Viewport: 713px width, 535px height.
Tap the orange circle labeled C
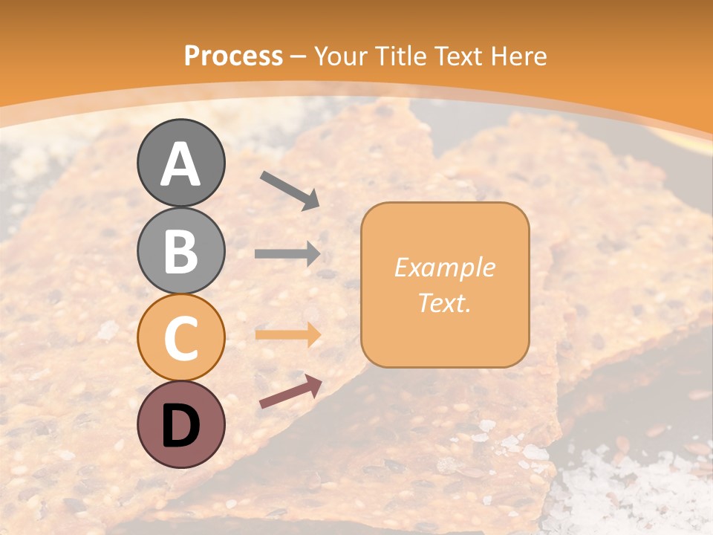[x=180, y=337]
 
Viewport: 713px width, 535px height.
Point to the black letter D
[x=180, y=427]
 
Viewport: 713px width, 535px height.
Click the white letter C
[x=180, y=338]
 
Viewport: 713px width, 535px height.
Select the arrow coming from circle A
[x=289, y=190]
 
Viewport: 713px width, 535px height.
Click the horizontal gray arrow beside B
[x=287, y=253]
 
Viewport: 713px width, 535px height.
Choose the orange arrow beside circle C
[x=287, y=334]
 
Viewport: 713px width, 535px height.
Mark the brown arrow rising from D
[x=290, y=392]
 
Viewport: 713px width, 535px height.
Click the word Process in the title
[x=233, y=56]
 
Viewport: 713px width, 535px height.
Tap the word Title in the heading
[x=401, y=56]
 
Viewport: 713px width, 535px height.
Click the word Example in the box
[x=444, y=267]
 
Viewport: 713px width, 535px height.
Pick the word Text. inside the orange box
[x=444, y=303]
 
